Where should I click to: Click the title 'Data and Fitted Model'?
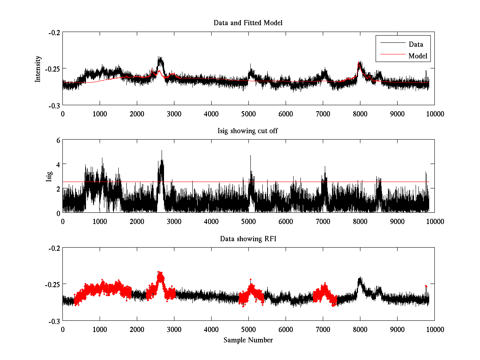click(x=248, y=23)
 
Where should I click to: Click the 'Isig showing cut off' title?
click(x=248, y=131)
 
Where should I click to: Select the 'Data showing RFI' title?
click(x=248, y=239)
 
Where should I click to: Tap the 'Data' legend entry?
click(x=416, y=44)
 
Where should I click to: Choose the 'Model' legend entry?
click(x=418, y=56)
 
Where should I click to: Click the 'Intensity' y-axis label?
click(x=38, y=68)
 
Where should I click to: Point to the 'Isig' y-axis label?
click(x=49, y=176)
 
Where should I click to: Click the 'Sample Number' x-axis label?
click(x=248, y=340)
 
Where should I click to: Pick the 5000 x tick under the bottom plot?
click(x=248, y=329)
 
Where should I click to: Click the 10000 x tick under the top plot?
click(x=434, y=114)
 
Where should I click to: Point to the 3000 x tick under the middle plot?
click(x=174, y=221)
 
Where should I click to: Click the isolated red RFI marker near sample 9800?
click(x=426, y=286)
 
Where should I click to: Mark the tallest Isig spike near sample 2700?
click(x=162, y=151)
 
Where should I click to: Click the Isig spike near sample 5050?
click(x=250, y=156)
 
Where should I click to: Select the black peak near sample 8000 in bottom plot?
click(x=360, y=278)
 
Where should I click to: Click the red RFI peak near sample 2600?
click(x=160, y=272)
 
